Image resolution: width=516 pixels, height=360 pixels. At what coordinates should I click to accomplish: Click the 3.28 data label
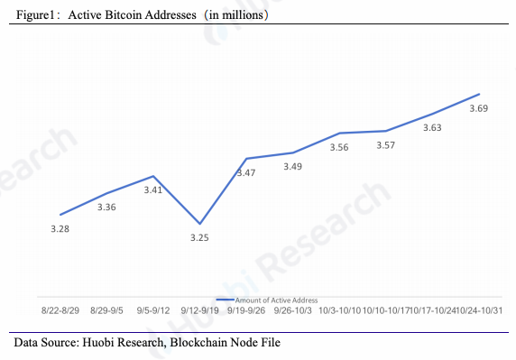pyautogui.click(x=60, y=229)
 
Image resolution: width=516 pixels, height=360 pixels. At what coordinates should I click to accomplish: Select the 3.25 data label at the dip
pyautogui.click(x=200, y=237)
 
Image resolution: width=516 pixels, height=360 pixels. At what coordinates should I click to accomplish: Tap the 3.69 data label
pyautogui.click(x=479, y=109)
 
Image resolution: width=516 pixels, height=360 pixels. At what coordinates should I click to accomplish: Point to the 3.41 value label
pyautogui.click(x=153, y=190)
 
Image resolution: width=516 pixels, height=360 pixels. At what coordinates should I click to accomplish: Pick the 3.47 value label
pyautogui.click(x=246, y=172)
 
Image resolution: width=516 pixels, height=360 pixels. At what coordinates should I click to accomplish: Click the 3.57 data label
pyautogui.click(x=385, y=145)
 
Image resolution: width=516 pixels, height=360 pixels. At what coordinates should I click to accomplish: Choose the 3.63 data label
pyautogui.click(x=432, y=128)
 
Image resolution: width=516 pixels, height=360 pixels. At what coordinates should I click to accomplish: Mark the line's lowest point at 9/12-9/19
pyautogui.click(x=200, y=224)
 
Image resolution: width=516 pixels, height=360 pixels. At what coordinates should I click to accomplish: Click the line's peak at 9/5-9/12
pyautogui.click(x=153, y=176)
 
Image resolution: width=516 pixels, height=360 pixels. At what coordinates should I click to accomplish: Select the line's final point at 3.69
pyautogui.click(x=479, y=94)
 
